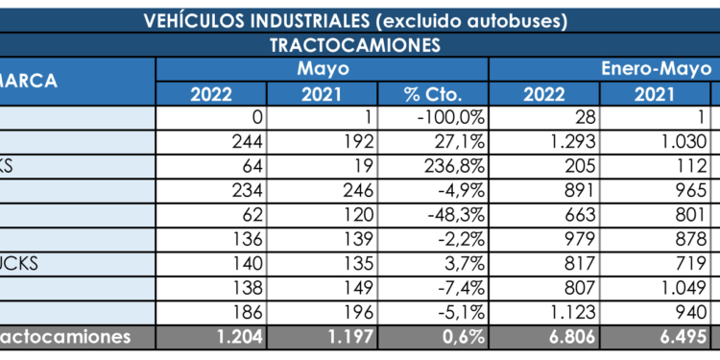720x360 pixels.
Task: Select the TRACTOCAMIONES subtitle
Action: point(355,44)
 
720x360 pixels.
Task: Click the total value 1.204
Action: point(236,337)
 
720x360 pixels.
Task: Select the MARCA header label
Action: point(29,82)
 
